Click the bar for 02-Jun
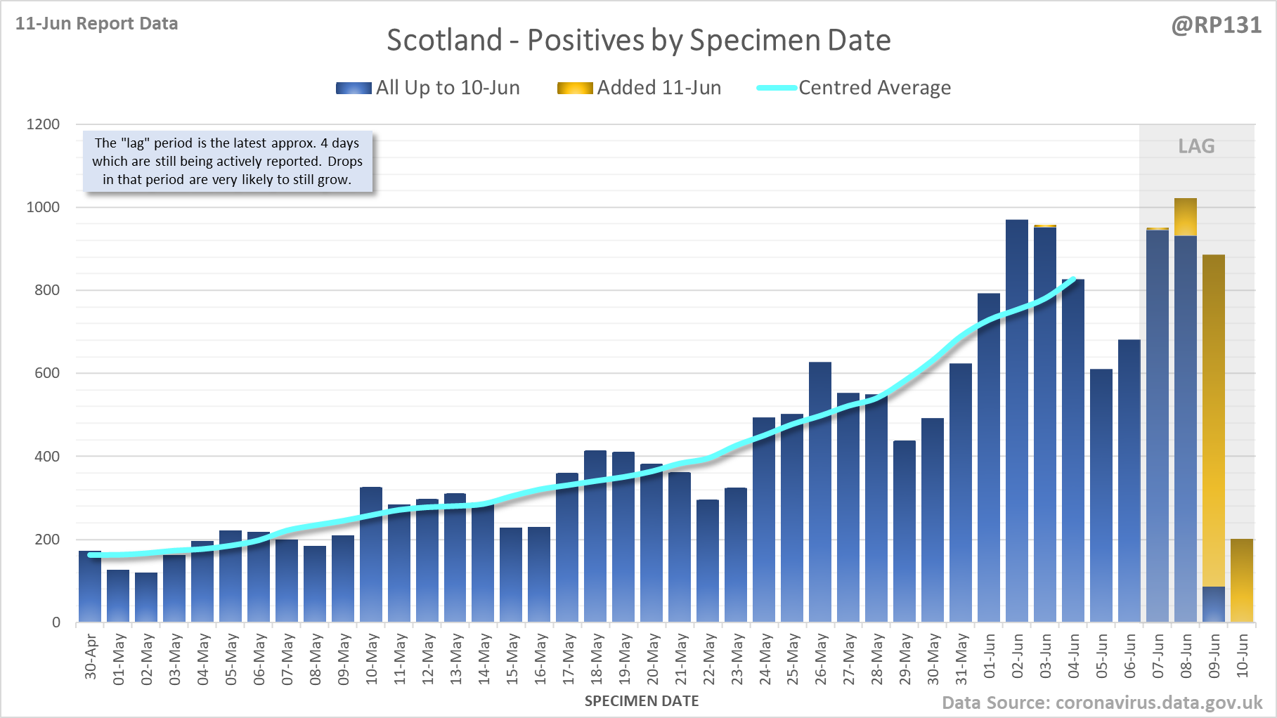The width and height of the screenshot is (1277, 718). (x=1016, y=422)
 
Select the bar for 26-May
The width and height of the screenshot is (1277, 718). (x=820, y=492)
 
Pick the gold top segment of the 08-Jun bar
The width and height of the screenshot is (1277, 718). (x=1186, y=217)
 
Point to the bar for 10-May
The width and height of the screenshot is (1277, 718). (x=371, y=555)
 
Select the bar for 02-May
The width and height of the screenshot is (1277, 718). (x=146, y=597)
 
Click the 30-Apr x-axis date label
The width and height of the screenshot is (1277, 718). (x=91, y=657)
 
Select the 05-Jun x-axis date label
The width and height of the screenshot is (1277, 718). (x=1101, y=657)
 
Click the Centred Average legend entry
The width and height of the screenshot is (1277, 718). (x=854, y=88)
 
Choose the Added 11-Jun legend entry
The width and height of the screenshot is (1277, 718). (x=640, y=88)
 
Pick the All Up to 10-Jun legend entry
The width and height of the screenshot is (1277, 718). (x=428, y=88)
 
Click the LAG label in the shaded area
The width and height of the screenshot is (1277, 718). (x=1196, y=146)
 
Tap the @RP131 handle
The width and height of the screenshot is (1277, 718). (x=1216, y=25)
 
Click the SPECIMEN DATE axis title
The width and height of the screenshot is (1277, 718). (x=642, y=701)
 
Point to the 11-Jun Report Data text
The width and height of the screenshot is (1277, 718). (x=97, y=24)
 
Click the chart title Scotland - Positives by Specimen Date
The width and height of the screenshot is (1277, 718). (x=638, y=40)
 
